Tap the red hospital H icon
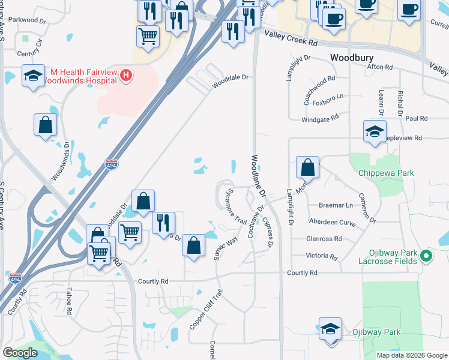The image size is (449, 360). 126,76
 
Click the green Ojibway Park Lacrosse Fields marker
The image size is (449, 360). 426,256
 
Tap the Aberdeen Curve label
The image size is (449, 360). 332,221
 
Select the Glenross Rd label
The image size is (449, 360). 324,238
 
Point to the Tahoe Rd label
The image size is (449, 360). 68,304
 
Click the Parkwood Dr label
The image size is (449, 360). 28,20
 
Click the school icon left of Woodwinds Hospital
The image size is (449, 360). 33,76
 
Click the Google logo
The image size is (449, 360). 20,353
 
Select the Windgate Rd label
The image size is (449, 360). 320,120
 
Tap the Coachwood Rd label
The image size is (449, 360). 318,91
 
